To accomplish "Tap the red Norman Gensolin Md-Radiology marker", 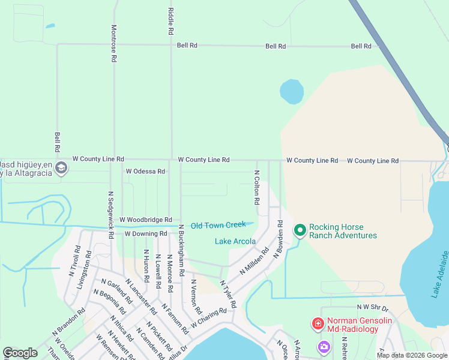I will click(x=318, y=324).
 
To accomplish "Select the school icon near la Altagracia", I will click(x=61, y=169).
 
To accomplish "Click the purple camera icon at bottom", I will click(x=324, y=346).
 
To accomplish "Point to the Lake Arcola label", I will click(x=235, y=242).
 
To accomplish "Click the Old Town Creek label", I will click(x=218, y=226).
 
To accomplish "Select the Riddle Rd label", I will click(x=171, y=20).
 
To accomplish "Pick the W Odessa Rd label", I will click(x=145, y=172).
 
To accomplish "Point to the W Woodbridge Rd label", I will click(x=145, y=220).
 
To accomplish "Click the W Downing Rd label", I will click(x=145, y=233).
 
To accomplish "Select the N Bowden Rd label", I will click(x=279, y=239).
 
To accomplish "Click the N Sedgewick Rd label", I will click(x=111, y=215).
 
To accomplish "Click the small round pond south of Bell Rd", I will click(x=292, y=92).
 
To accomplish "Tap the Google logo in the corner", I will click(x=20, y=353).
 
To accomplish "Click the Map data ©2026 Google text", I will click(x=411, y=355).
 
